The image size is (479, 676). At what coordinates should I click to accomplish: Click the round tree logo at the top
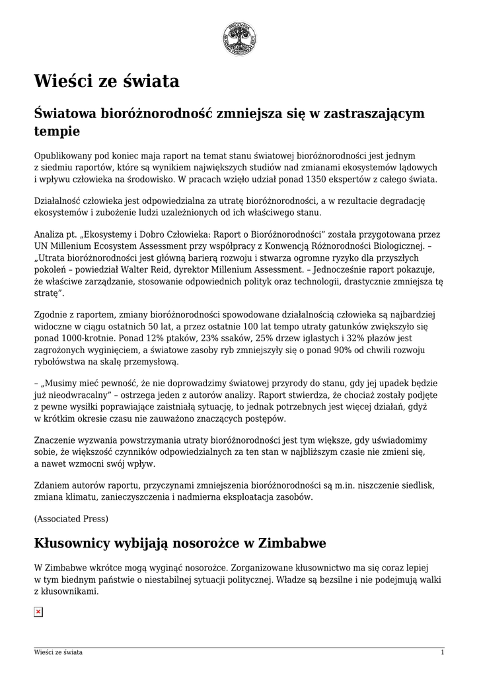239,38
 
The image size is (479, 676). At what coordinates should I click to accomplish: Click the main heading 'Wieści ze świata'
106,82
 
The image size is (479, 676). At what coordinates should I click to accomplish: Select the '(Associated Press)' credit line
71,518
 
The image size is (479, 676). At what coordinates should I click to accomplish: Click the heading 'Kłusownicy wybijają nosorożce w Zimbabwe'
180,543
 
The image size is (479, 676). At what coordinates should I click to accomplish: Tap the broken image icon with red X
38,613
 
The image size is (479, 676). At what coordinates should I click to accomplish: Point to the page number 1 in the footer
442,652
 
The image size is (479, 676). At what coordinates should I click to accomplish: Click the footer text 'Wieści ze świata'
59,652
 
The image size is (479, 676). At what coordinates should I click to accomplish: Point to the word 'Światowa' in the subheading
63,114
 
